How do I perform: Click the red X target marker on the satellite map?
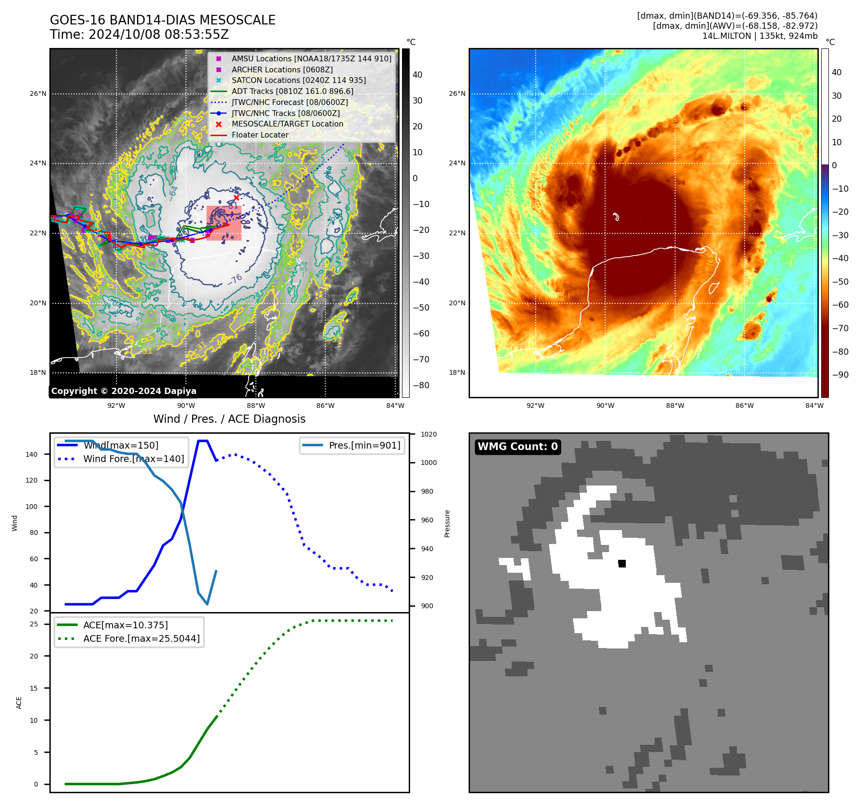[x=236, y=197]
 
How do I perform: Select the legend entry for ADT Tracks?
[x=292, y=91]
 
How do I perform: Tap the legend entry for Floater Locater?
[x=260, y=135]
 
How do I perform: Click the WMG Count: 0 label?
[x=517, y=447]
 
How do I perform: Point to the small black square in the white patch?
[x=622, y=564]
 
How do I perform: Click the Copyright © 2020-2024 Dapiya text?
[x=124, y=391]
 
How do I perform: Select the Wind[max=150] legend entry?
[x=121, y=445]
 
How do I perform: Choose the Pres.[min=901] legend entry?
[x=364, y=445]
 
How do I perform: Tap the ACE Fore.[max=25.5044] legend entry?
[x=141, y=638]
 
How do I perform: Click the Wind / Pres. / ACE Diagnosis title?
[x=229, y=419]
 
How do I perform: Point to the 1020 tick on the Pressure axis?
[x=429, y=434]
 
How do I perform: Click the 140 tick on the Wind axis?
[x=32, y=454]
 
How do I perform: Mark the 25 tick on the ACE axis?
[x=34, y=624]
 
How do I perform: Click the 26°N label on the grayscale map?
[x=38, y=93]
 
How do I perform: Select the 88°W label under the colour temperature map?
[x=675, y=405]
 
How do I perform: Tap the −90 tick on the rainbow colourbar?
[x=840, y=375]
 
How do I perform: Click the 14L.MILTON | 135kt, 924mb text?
[x=759, y=36]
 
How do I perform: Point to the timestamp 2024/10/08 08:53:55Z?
[x=159, y=35]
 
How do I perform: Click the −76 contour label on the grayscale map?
[x=235, y=279]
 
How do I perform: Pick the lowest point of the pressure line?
[x=207, y=604]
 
